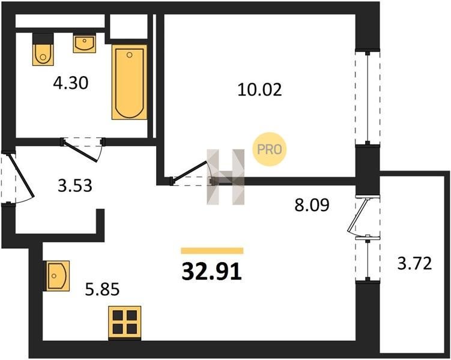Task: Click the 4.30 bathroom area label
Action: (x=70, y=83)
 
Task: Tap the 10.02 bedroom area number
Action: (x=259, y=89)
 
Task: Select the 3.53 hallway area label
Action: (x=75, y=185)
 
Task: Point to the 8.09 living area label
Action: (x=312, y=205)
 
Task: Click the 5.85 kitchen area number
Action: (x=102, y=289)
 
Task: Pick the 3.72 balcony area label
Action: (x=414, y=263)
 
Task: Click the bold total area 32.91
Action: (x=211, y=272)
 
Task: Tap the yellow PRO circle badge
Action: (x=269, y=149)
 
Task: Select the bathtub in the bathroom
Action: (x=129, y=82)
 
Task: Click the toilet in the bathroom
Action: (x=43, y=49)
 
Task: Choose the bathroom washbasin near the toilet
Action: (x=84, y=44)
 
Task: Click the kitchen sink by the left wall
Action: (x=56, y=276)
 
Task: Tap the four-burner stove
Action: (x=125, y=323)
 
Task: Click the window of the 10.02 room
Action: (x=368, y=98)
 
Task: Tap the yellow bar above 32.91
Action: (x=212, y=251)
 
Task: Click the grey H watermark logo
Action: (x=226, y=177)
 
